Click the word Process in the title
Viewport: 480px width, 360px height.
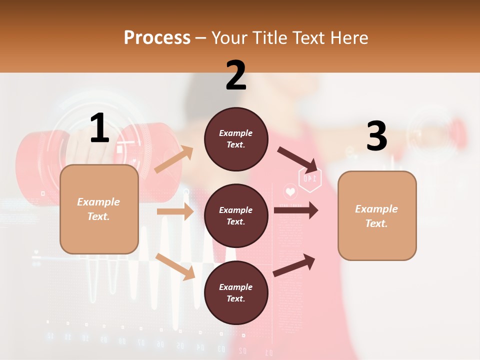(x=157, y=37)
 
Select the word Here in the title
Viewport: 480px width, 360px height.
(x=348, y=37)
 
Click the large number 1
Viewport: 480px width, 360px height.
(x=99, y=128)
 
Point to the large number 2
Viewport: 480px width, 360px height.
(x=236, y=75)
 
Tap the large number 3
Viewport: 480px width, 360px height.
(x=376, y=136)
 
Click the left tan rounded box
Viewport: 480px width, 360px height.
(x=99, y=209)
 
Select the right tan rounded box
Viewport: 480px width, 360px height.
(x=377, y=215)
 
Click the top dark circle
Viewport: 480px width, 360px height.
(x=236, y=139)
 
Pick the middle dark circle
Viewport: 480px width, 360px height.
(x=236, y=215)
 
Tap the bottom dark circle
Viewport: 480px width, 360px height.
(x=236, y=292)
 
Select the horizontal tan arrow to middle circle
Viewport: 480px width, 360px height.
(x=175, y=211)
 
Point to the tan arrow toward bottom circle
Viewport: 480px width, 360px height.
(x=175, y=266)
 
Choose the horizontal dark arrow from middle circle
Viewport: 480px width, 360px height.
(x=295, y=210)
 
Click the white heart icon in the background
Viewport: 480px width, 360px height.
(x=290, y=191)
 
